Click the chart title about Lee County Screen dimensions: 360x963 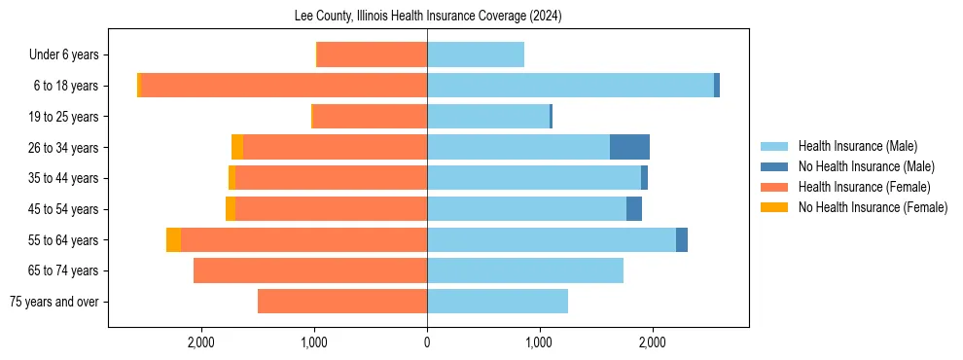[x=428, y=17]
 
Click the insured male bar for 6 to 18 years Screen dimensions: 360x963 [x=570, y=86]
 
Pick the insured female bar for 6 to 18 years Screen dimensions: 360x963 [x=284, y=86]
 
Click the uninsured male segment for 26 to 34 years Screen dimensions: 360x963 [x=629, y=147]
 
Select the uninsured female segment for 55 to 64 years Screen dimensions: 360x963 [x=173, y=239]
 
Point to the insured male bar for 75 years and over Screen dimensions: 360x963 [x=497, y=302]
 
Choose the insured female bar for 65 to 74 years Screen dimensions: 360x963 [x=310, y=270]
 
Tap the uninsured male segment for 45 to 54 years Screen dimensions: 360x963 [x=634, y=209]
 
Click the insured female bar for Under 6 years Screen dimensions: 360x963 [x=373, y=54]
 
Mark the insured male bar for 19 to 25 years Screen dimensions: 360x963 [x=488, y=117]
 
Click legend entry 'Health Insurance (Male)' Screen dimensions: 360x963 [x=857, y=146]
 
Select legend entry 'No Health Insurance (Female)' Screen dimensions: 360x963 [x=873, y=207]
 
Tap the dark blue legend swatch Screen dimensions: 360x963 [x=774, y=166]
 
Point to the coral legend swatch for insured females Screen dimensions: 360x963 [x=774, y=187]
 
